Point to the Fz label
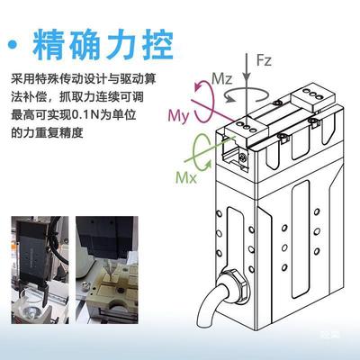264,61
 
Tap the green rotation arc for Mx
206,143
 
